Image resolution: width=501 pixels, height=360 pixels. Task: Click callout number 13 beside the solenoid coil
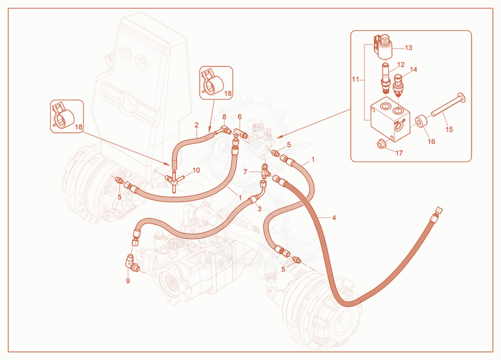[408, 48]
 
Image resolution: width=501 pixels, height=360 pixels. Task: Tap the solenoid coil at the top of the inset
[384, 46]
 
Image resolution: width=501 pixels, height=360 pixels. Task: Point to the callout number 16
[431, 141]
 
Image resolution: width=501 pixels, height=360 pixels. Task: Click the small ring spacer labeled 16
[421, 121]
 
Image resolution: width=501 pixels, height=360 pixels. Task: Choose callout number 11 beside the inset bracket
[355, 80]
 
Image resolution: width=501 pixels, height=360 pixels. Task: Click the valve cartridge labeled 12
[386, 76]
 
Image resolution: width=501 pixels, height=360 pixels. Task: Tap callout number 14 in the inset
[413, 69]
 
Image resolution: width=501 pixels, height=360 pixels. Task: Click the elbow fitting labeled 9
[132, 264]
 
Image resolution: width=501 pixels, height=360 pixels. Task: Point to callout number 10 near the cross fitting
[196, 170]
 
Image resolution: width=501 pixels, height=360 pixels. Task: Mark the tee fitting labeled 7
[265, 171]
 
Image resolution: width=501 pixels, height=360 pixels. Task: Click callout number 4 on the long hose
[334, 218]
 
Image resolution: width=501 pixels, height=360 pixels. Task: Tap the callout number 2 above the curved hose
[197, 125]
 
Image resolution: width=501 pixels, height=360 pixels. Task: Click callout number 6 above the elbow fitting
[240, 117]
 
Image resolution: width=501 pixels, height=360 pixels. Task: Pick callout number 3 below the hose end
[259, 209]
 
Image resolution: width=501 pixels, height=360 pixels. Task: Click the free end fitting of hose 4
[436, 213]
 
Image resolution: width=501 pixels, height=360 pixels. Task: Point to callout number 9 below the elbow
[128, 280]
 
